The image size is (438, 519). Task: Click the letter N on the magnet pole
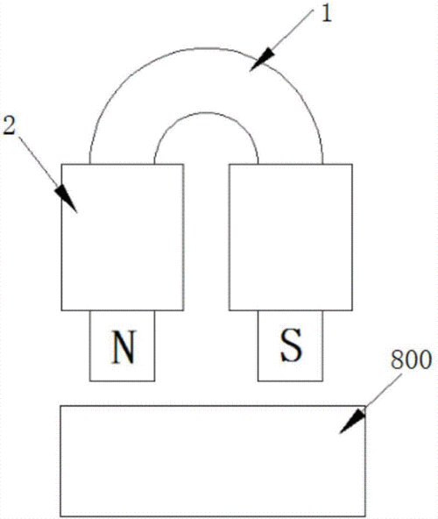click(124, 346)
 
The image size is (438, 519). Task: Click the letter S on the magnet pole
click(291, 345)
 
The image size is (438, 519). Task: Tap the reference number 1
click(326, 14)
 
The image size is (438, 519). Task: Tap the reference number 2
click(9, 125)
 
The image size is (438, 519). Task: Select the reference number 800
click(411, 359)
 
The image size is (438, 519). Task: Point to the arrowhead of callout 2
click(67, 199)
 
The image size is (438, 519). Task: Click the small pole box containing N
click(122, 346)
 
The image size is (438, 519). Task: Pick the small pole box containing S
click(291, 346)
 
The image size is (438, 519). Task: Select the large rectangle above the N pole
click(123, 238)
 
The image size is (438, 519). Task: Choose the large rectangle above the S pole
click(291, 238)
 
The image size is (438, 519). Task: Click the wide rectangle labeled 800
click(213, 461)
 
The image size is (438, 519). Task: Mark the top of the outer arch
click(206, 48)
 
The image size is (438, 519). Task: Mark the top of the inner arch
click(206, 112)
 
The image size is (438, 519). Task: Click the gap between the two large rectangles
click(207, 238)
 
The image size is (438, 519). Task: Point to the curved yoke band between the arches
click(206, 81)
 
